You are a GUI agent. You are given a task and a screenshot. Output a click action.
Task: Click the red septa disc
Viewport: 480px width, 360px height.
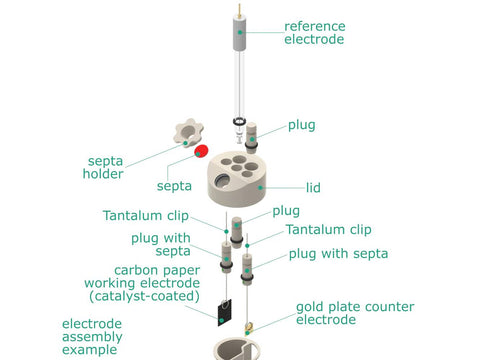201,151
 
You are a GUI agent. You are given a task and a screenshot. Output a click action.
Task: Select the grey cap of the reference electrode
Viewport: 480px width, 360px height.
239,32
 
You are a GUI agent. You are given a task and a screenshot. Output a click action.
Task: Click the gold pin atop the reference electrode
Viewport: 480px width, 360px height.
239,9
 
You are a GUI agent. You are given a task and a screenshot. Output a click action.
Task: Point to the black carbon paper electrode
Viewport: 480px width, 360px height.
225,313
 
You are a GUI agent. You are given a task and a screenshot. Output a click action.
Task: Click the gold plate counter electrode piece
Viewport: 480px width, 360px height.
249,328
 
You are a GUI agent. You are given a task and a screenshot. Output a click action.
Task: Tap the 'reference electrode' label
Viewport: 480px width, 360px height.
315,33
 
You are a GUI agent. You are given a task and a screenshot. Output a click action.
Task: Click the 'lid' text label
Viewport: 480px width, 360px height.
313,187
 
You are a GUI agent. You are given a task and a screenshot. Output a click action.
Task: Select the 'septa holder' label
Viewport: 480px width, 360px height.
103,167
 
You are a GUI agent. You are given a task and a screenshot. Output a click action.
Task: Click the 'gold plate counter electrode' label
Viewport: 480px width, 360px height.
355,313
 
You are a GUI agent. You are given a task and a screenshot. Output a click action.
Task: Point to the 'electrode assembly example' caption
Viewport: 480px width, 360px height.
92,337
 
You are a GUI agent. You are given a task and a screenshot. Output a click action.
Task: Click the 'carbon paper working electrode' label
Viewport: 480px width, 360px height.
142,283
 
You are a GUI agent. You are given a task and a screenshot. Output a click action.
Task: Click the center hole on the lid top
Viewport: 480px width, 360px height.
236,167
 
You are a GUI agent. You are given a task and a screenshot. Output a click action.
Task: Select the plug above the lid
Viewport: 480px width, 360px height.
251,138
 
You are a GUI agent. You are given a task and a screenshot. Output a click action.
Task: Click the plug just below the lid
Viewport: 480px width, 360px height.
236,232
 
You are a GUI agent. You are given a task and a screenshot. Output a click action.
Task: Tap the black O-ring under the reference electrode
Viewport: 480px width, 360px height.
239,121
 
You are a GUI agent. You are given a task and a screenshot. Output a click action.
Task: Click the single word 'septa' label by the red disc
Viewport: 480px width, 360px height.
174,186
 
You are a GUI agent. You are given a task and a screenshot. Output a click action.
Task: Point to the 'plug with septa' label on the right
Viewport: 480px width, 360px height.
338,254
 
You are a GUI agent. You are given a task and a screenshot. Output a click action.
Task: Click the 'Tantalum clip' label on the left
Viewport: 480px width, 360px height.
146,216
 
